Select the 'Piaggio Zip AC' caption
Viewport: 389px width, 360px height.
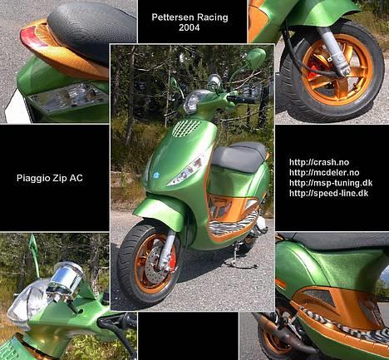(54, 178)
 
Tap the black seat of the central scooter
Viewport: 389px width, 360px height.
(239, 155)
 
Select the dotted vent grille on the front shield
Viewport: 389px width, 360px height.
(186, 128)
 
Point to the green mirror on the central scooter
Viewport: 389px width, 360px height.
(254, 57)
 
